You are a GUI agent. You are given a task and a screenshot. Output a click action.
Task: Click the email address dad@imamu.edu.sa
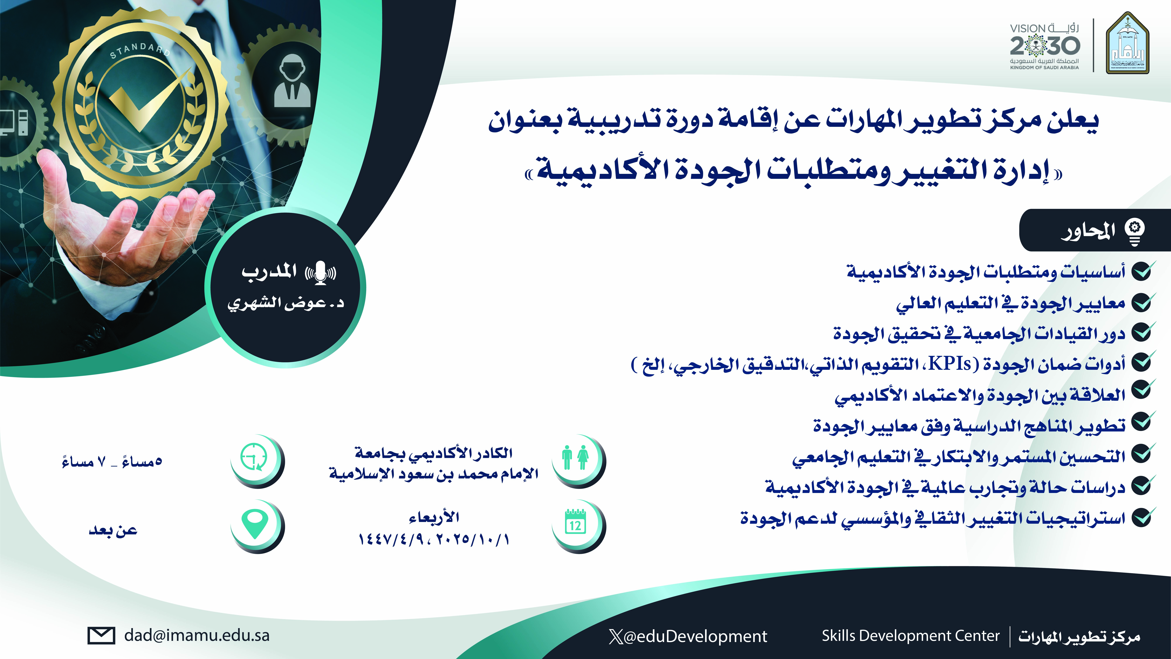click(197, 635)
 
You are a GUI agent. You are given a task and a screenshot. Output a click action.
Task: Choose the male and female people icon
click(575, 457)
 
